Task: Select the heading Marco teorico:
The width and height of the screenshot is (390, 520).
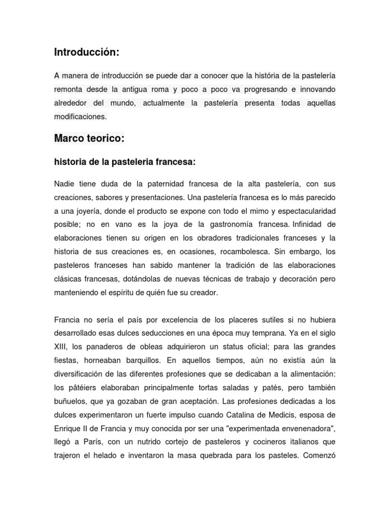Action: [x=89, y=138]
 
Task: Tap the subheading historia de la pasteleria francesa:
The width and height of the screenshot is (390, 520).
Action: [x=125, y=162]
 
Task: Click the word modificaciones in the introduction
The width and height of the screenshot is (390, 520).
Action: [x=80, y=116]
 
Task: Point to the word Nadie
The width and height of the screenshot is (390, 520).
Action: [x=64, y=183]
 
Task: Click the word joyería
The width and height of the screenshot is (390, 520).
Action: [x=83, y=210]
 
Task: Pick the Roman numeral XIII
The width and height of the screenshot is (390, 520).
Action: [x=61, y=347]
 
